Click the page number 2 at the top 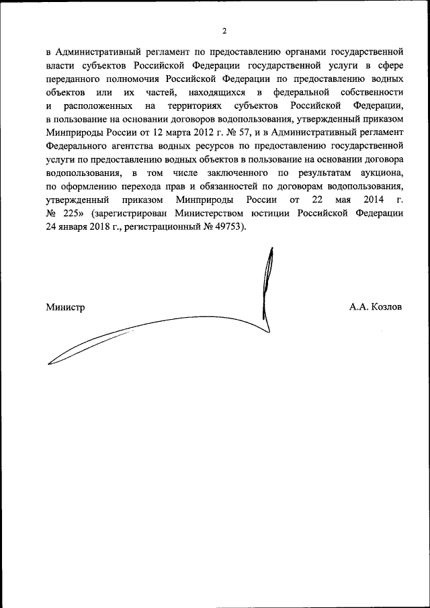224,30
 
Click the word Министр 65,307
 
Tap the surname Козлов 386,307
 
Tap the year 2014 372,200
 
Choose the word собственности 374,91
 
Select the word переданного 75,77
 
